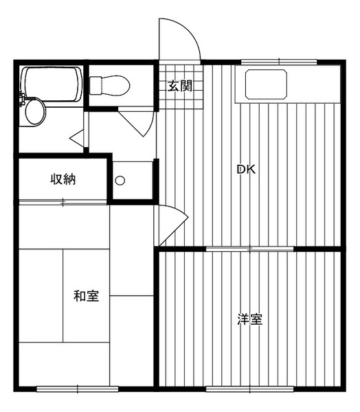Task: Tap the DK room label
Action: [x=246, y=170]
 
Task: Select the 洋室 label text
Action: [x=250, y=319]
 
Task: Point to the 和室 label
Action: [x=87, y=297]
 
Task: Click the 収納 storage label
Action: [x=63, y=180]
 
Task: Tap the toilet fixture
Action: [x=109, y=85]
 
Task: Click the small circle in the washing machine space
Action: [x=120, y=181]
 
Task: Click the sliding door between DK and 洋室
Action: [x=250, y=249]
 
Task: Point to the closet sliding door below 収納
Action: [x=63, y=202]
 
